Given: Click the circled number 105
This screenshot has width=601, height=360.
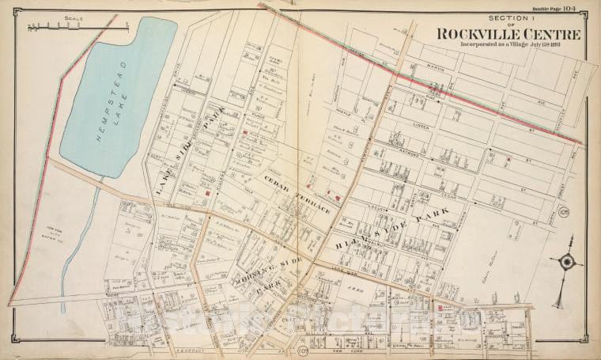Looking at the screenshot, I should [563, 212].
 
